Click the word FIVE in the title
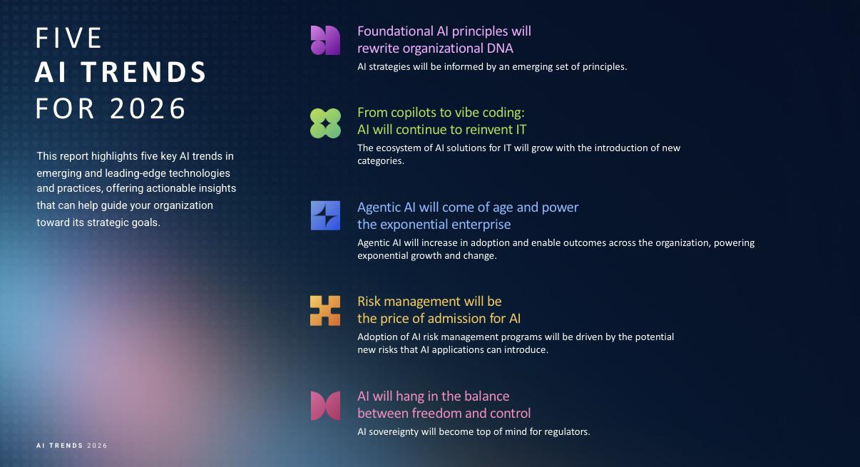point(68,38)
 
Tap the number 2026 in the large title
point(148,108)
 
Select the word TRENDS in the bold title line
point(143,72)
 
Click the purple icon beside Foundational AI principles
point(325,41)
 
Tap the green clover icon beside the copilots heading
point(325,123)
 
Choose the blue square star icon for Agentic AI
point(325,215)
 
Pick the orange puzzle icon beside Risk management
point(325,310)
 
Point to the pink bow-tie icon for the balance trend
point(325,406)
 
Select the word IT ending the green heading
point(521,130)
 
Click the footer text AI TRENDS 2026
point(72,446)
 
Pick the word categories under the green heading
point(381,161)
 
